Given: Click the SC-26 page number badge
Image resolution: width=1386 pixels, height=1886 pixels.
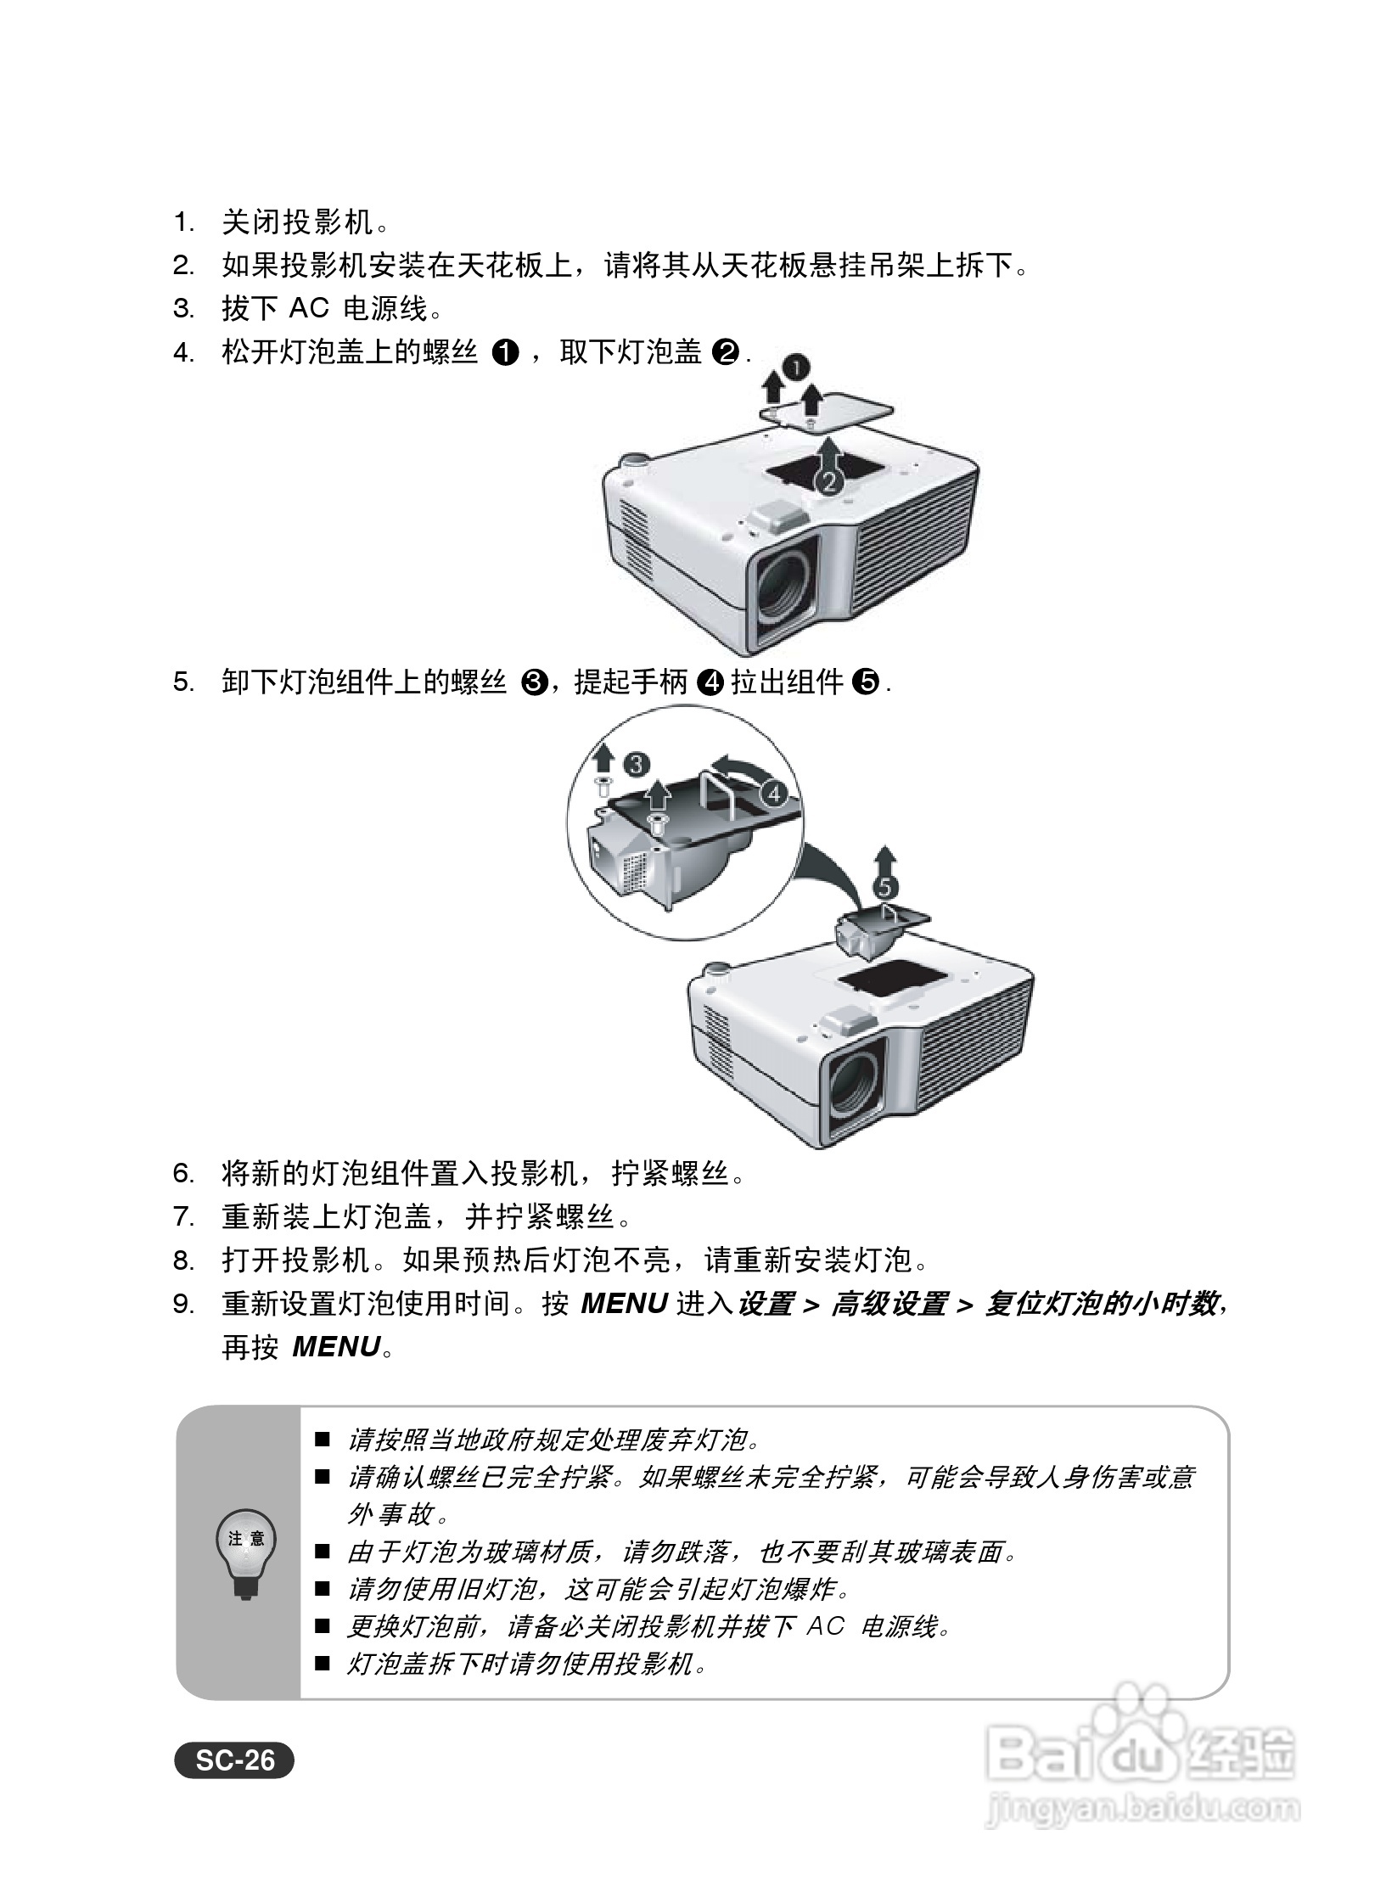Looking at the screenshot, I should pos(235,1760).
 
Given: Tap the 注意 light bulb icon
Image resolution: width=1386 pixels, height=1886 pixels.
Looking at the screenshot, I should pos(246,1552).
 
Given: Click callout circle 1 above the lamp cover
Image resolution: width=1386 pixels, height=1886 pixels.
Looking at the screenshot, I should pos(795,367).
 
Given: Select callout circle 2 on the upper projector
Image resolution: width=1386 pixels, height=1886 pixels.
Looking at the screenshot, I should pos(828,482).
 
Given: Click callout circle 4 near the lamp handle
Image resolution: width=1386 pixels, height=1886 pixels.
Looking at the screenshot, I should pos(773,794).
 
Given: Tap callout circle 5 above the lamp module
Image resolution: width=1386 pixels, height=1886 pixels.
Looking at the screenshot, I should pos(884,888).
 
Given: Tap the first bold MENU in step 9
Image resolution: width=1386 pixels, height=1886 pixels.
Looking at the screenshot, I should pos(624,1304).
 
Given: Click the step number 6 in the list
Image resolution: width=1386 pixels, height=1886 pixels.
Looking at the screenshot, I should pos(182,1175).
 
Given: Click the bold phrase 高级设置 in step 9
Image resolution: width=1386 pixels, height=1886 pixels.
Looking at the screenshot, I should pos(888,1304).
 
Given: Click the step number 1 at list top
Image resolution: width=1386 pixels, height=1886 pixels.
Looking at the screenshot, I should pos(182,223).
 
